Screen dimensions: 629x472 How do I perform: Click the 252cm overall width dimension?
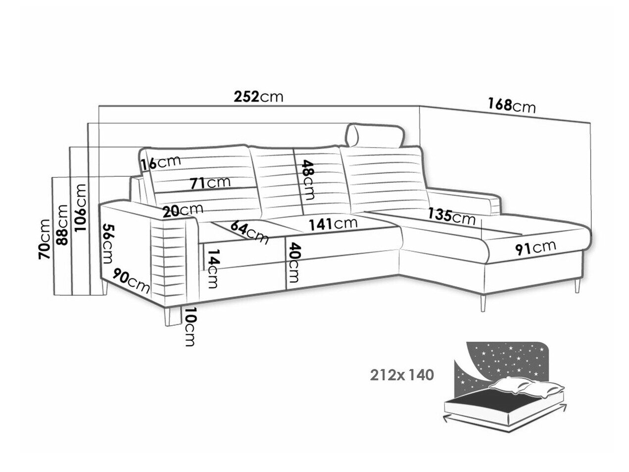coord(258,97)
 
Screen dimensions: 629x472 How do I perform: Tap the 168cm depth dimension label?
coord(511,106)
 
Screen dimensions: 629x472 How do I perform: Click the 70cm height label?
coord(44,239)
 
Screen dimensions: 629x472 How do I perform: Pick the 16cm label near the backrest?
coord(160,162)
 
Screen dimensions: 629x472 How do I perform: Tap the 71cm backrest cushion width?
coord(210,183)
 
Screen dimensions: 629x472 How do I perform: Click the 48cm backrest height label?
coord(307,180)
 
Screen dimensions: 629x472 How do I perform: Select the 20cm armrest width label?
coord(183,210)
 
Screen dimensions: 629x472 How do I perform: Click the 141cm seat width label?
coord(333,224)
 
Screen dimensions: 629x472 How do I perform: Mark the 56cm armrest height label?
coord(108,244)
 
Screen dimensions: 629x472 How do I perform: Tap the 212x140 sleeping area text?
coord(402,375)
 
